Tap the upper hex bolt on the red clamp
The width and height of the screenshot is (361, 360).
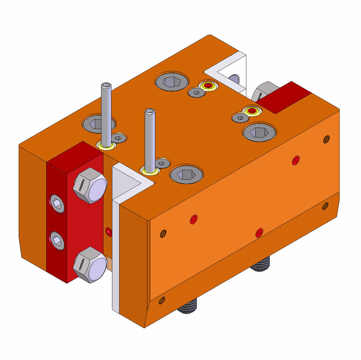90,186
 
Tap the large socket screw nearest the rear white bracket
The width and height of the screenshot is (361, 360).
172,81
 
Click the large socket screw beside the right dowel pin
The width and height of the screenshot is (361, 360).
186,173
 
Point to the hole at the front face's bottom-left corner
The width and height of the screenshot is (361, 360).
162,301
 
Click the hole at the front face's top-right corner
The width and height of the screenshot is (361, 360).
326,139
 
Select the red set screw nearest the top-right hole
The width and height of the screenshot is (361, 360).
295,160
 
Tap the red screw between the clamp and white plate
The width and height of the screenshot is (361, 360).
109,231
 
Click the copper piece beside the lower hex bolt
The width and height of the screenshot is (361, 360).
109,264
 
